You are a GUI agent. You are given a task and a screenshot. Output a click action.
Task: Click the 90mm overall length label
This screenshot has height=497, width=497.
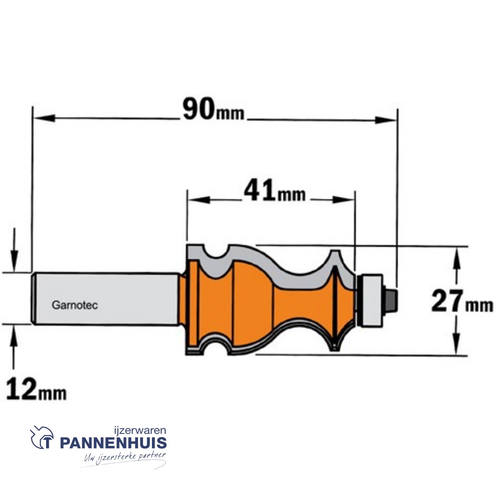point(213,111)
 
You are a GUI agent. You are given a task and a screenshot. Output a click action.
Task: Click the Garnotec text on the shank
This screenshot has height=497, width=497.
point(75,305)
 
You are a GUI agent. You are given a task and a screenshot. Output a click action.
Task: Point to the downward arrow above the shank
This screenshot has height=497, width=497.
point(14,262)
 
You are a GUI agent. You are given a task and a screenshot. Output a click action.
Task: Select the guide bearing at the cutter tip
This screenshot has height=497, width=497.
point(371,301)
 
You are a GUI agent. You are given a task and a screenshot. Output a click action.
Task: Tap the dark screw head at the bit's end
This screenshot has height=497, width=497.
point(392,300)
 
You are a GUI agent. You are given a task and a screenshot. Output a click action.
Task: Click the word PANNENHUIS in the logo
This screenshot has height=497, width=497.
point(113,444)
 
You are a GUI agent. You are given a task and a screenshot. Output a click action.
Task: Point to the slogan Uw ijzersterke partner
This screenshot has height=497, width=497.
point(124,458)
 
